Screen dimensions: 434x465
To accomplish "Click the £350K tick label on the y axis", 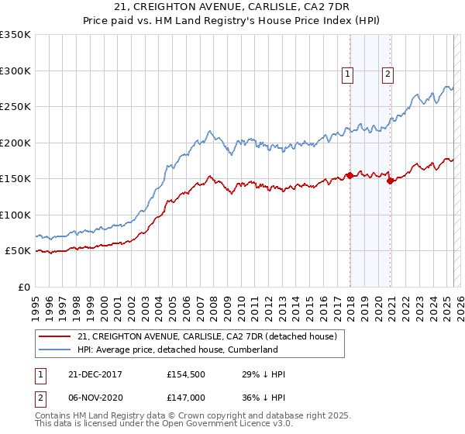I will [x=15, y=35].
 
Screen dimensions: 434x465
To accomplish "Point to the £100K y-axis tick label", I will [x=15, y=215].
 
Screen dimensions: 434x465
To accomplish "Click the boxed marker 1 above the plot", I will [x=346, y=74].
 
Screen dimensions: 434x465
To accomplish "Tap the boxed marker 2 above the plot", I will [x=387, y=74].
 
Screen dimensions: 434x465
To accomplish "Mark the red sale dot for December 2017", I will [x=350, y=175].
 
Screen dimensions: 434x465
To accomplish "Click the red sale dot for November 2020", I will [x=390, y=181].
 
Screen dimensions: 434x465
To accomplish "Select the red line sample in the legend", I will [x=55, y=337].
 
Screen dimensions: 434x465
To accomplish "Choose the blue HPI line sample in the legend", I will [x=55, y=350].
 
